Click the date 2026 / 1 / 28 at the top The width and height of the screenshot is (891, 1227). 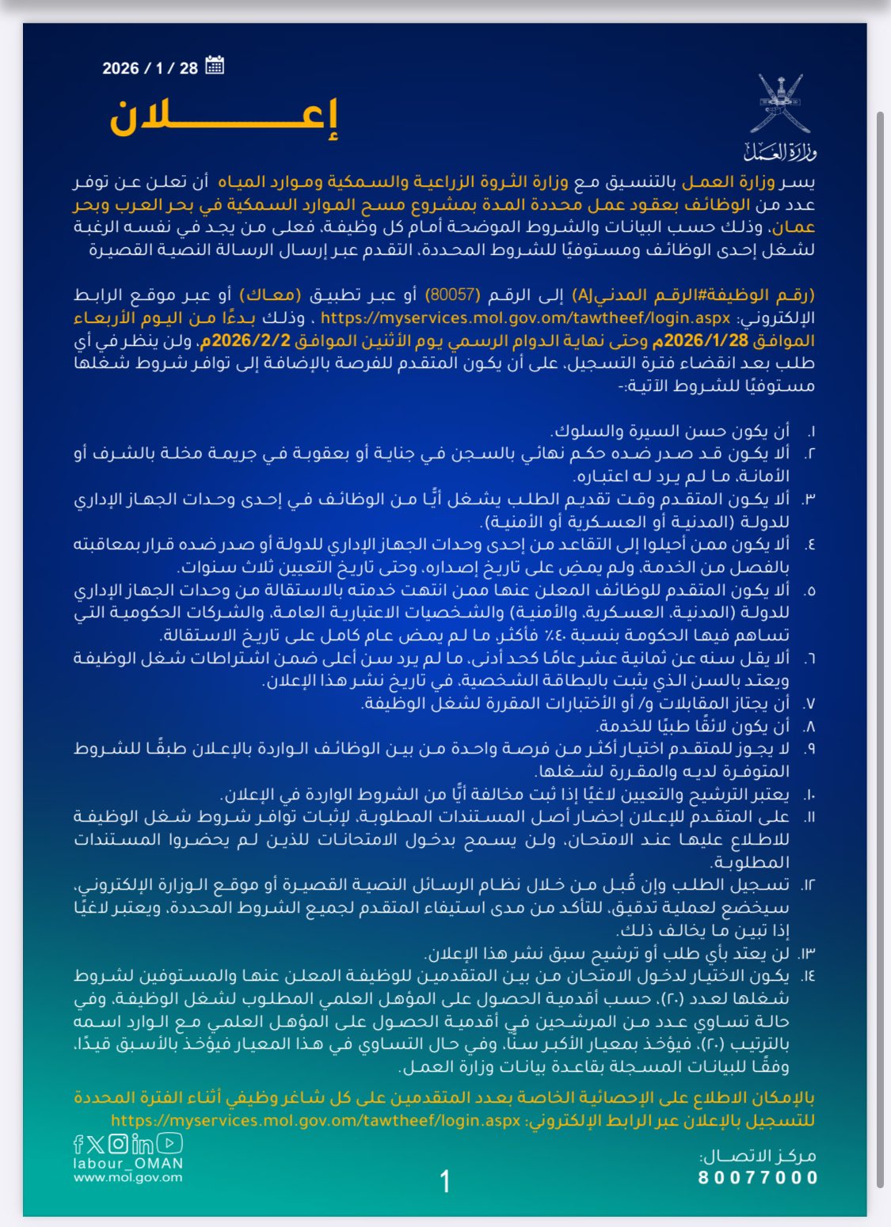click(150, 68)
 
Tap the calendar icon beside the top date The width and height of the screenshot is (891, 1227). click(214, 66)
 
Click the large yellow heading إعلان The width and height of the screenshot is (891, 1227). click(224, 118)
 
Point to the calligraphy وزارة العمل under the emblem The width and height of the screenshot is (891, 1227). click(780, 150)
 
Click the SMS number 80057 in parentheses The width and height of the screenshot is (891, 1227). click(453, 295)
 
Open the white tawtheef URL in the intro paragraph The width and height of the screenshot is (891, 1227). click(525, 318)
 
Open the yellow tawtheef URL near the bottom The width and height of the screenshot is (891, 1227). click(316, 1121)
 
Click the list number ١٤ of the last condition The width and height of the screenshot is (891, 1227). click(807, 976)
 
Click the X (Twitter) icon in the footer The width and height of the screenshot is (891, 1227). click(96, 1144)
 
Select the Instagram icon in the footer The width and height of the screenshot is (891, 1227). click(118, 1144)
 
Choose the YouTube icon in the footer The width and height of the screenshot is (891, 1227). click(170, 1143)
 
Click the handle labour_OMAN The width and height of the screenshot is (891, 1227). click(128, 1164)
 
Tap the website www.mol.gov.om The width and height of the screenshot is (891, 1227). click(128, 1177)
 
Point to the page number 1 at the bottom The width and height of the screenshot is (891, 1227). click(445, 1181)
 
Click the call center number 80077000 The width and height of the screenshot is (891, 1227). click(758, 1177)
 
